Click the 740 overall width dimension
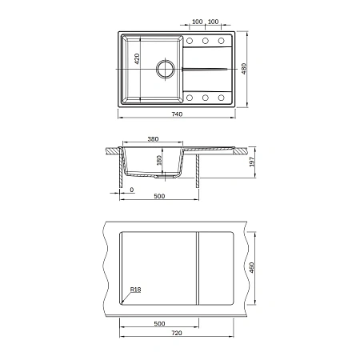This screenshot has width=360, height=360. tap(177, 114)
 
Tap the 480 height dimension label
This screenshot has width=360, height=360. tap(244, 69)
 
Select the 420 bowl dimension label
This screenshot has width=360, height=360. tap(137, 58)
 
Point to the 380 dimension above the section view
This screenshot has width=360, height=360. tap(153, 139)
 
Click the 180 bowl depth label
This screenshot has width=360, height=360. tap(159, 160)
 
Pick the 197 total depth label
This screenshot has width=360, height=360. tap(251, 162)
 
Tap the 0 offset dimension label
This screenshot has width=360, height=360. tap(132, 190)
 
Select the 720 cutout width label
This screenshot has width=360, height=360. tap(177, 333)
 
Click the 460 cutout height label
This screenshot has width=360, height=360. tap(251, 268)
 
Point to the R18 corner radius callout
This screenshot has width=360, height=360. tap(135, 290)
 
